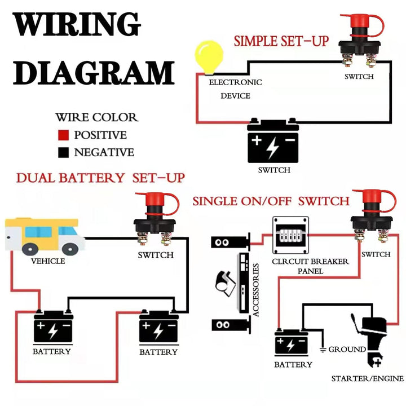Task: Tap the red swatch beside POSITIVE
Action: [x=64, y=135]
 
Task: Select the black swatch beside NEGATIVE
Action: [x=64, y=152]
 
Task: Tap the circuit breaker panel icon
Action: [x=291, y=236]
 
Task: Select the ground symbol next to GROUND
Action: [x=322, y=350]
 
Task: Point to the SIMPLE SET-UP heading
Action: [x=281, y=41]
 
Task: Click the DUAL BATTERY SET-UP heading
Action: [x=100, y=178]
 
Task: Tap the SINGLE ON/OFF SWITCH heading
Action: [x=271, y=201]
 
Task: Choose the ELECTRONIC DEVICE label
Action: [x=235, y=89]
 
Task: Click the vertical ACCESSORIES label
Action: [x=256, y=289]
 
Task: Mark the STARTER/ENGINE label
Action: [x=367, y=378]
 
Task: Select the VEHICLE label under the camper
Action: [x=48, y=261]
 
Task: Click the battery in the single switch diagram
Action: [x=292, y=342]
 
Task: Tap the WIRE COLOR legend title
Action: [x=96, y=117]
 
